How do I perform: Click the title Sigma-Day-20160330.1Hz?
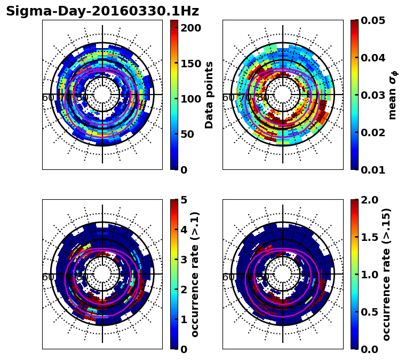[102, 11]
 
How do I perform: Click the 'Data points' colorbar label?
[209, 95]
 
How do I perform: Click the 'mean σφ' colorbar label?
[392, 95]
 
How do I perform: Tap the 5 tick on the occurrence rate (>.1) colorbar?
[183, 200]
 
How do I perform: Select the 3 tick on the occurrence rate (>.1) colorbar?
[183, 260]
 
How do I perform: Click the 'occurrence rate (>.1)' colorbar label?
[195, 274]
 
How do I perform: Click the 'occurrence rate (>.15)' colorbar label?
[386, 274]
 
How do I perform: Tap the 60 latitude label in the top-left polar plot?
[47, 98]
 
